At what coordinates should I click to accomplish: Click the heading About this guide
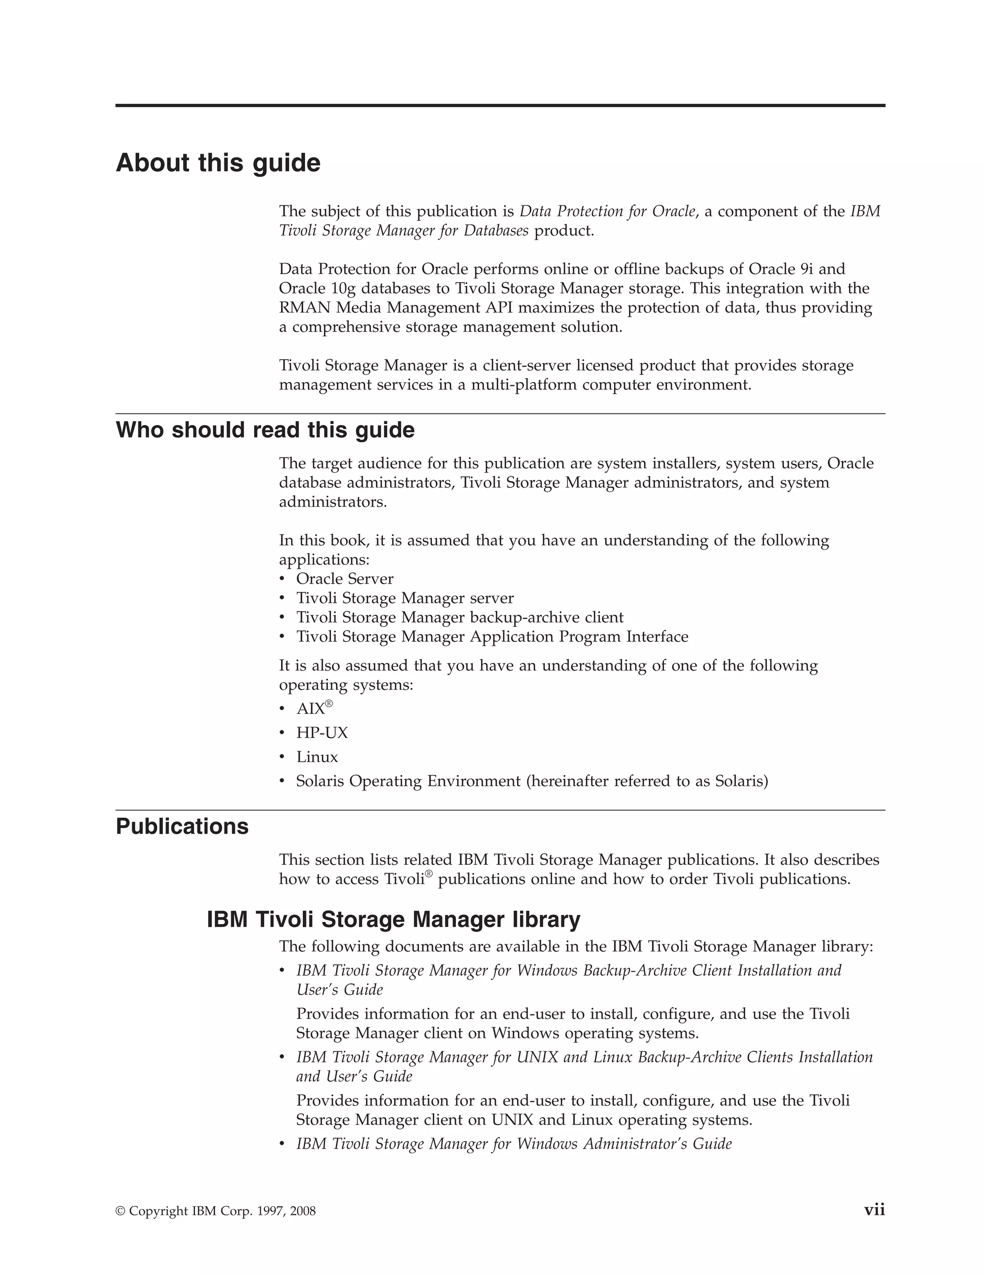[x=218, y=163]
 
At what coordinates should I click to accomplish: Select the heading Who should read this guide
[x=265, y=430]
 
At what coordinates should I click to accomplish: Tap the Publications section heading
[x=182, y=826]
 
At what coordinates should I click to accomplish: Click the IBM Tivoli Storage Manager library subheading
[x=394, y=919]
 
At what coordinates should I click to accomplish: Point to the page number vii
[x=874, y=1210]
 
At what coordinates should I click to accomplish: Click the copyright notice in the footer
[x=216, y=1211]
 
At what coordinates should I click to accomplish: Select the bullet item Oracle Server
[x=344, y=579]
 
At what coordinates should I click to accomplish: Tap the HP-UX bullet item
[x=322, y=733]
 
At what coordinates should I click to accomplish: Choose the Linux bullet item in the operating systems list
[x=317, y=757]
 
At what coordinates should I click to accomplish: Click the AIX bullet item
[x=311, y=709]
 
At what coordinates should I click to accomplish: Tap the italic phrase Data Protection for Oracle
[x=607, y=211]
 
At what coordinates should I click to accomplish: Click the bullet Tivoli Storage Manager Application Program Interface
[x=492, y=637]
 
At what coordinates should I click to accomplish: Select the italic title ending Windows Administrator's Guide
[x=514, y=1144]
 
